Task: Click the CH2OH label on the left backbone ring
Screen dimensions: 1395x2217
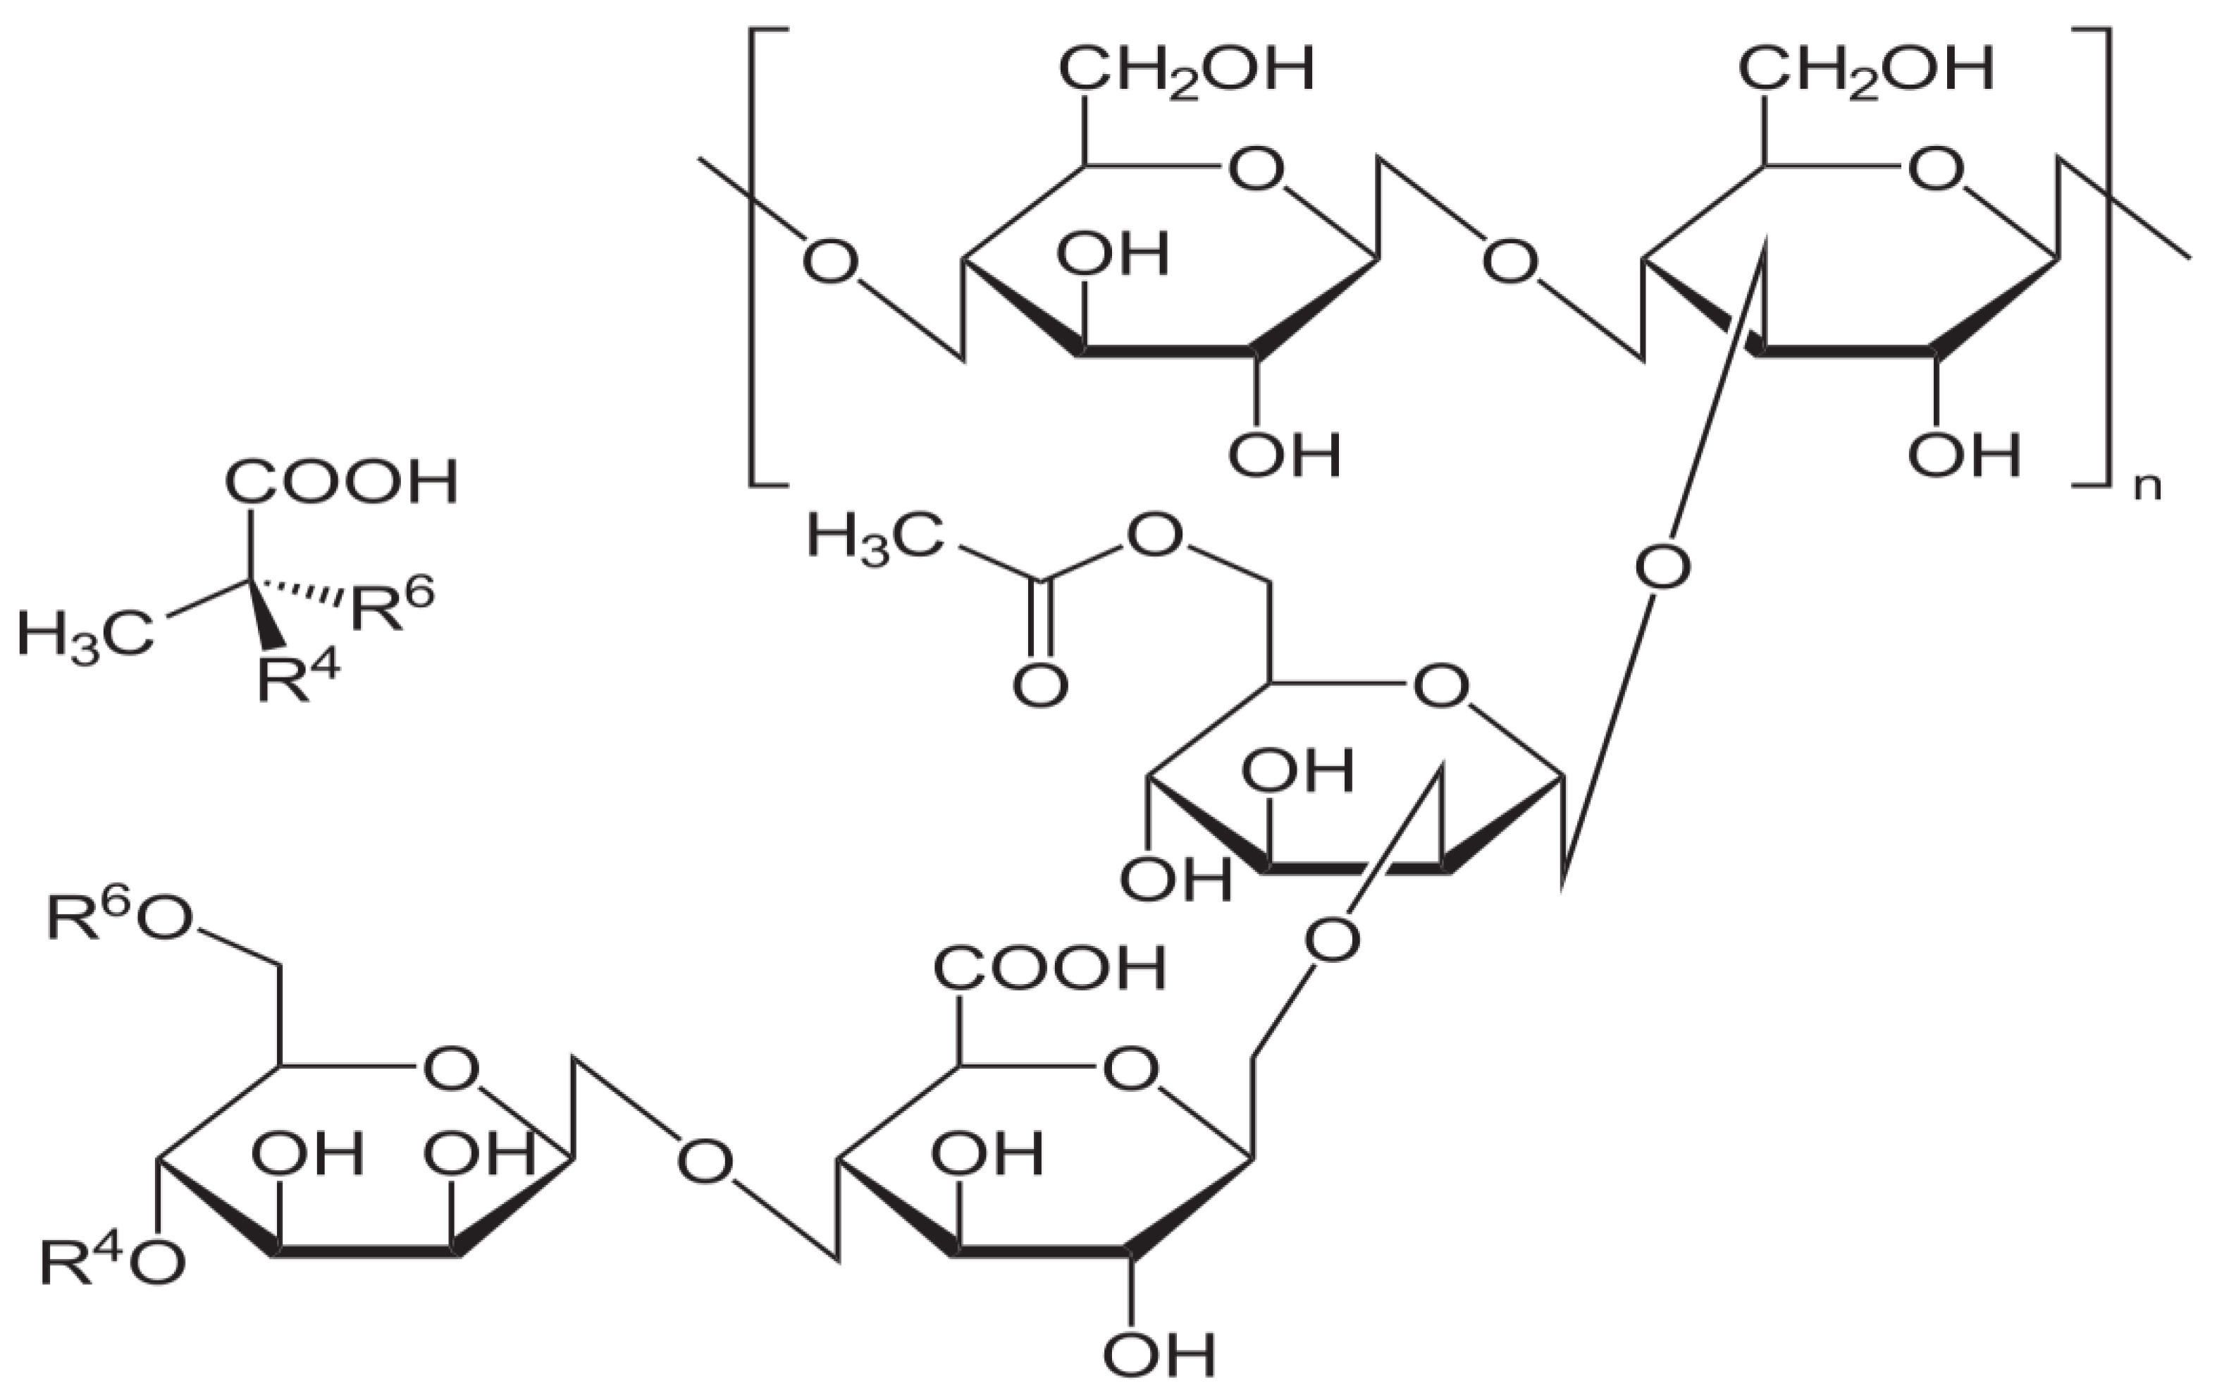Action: [1186, 72]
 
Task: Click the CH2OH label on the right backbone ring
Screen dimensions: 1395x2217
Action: [1865, 72]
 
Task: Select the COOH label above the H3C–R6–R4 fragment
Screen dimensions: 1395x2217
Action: [340, 481]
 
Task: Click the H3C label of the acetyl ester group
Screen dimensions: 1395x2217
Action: [875, 537]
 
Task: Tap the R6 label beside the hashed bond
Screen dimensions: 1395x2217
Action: [391, 603]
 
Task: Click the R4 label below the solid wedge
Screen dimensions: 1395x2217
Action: [297, 680]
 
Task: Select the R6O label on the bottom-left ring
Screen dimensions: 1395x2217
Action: [120, 918]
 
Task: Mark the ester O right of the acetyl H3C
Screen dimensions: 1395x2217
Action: [1154, 536]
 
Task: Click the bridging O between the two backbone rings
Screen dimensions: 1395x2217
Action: [1510, 262]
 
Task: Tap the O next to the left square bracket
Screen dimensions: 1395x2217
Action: [829, 262]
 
